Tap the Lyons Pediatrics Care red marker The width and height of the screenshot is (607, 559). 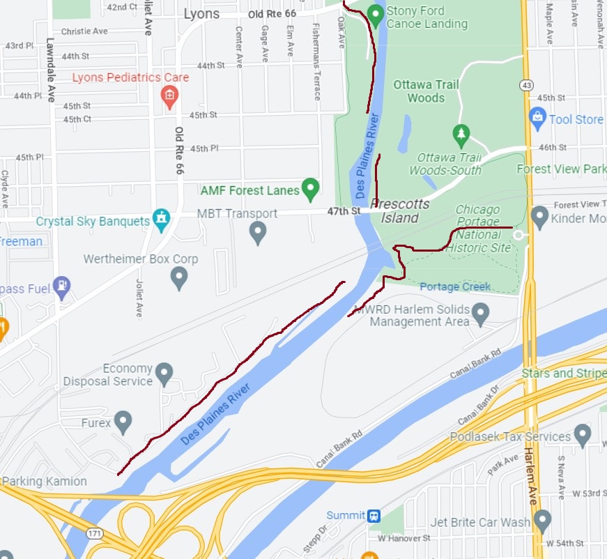[x=169, y=96]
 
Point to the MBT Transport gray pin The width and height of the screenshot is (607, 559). [x=258, y=232]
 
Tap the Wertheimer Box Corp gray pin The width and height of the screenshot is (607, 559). [x=179, y=277]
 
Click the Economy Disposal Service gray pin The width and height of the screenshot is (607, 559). [x=164, y=374]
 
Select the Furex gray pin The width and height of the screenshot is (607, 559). [x=123, y=421]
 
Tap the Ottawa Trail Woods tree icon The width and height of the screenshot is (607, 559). [x=460, y=132]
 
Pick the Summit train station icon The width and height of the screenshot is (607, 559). [x=374, y=516]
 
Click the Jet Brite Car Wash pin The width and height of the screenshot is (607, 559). [x=542, y=520]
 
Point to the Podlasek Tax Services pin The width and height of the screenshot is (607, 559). [x=583, y=436]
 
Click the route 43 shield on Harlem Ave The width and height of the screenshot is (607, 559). [x=526, y=84]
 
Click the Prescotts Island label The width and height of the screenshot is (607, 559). [x=400, y=210]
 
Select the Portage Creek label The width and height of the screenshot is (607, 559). [x=455, y=287]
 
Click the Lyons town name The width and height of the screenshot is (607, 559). [x=201, y=14]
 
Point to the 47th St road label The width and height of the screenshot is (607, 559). [x=346, y=210]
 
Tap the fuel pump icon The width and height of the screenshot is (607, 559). [x=62, y=285]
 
